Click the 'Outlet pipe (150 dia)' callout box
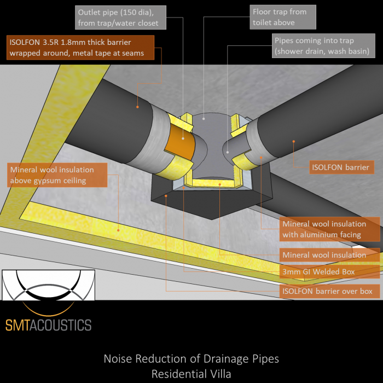click(118, 18)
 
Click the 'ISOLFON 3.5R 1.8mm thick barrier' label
click(81, 48)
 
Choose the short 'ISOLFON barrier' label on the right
click(341, 167)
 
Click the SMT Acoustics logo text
click(49, 325)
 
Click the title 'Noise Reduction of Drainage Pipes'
click(191, 359)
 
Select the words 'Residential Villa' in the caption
click(191, 374)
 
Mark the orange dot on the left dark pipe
click(137, 107)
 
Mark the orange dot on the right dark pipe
click(294, 141)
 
